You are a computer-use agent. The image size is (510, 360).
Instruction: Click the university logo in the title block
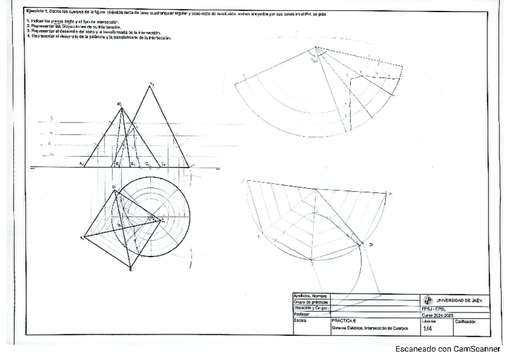coord(428,300)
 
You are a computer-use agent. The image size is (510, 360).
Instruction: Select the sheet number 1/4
coord(428,329)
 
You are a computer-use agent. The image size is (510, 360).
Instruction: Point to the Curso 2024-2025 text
coord(437,315)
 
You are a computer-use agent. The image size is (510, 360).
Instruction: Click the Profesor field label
coord(302,314)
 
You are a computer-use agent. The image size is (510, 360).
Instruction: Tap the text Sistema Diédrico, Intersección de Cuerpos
coord(369,329)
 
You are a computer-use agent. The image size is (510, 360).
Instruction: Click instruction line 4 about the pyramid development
coord(99,37)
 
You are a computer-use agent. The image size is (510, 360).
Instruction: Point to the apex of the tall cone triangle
coord(150,86)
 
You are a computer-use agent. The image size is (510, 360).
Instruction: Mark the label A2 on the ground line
coord(81,163)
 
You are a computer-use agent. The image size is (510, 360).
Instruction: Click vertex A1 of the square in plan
coord(84,237)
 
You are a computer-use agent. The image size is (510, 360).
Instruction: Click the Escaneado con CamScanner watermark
coord(447,349)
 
